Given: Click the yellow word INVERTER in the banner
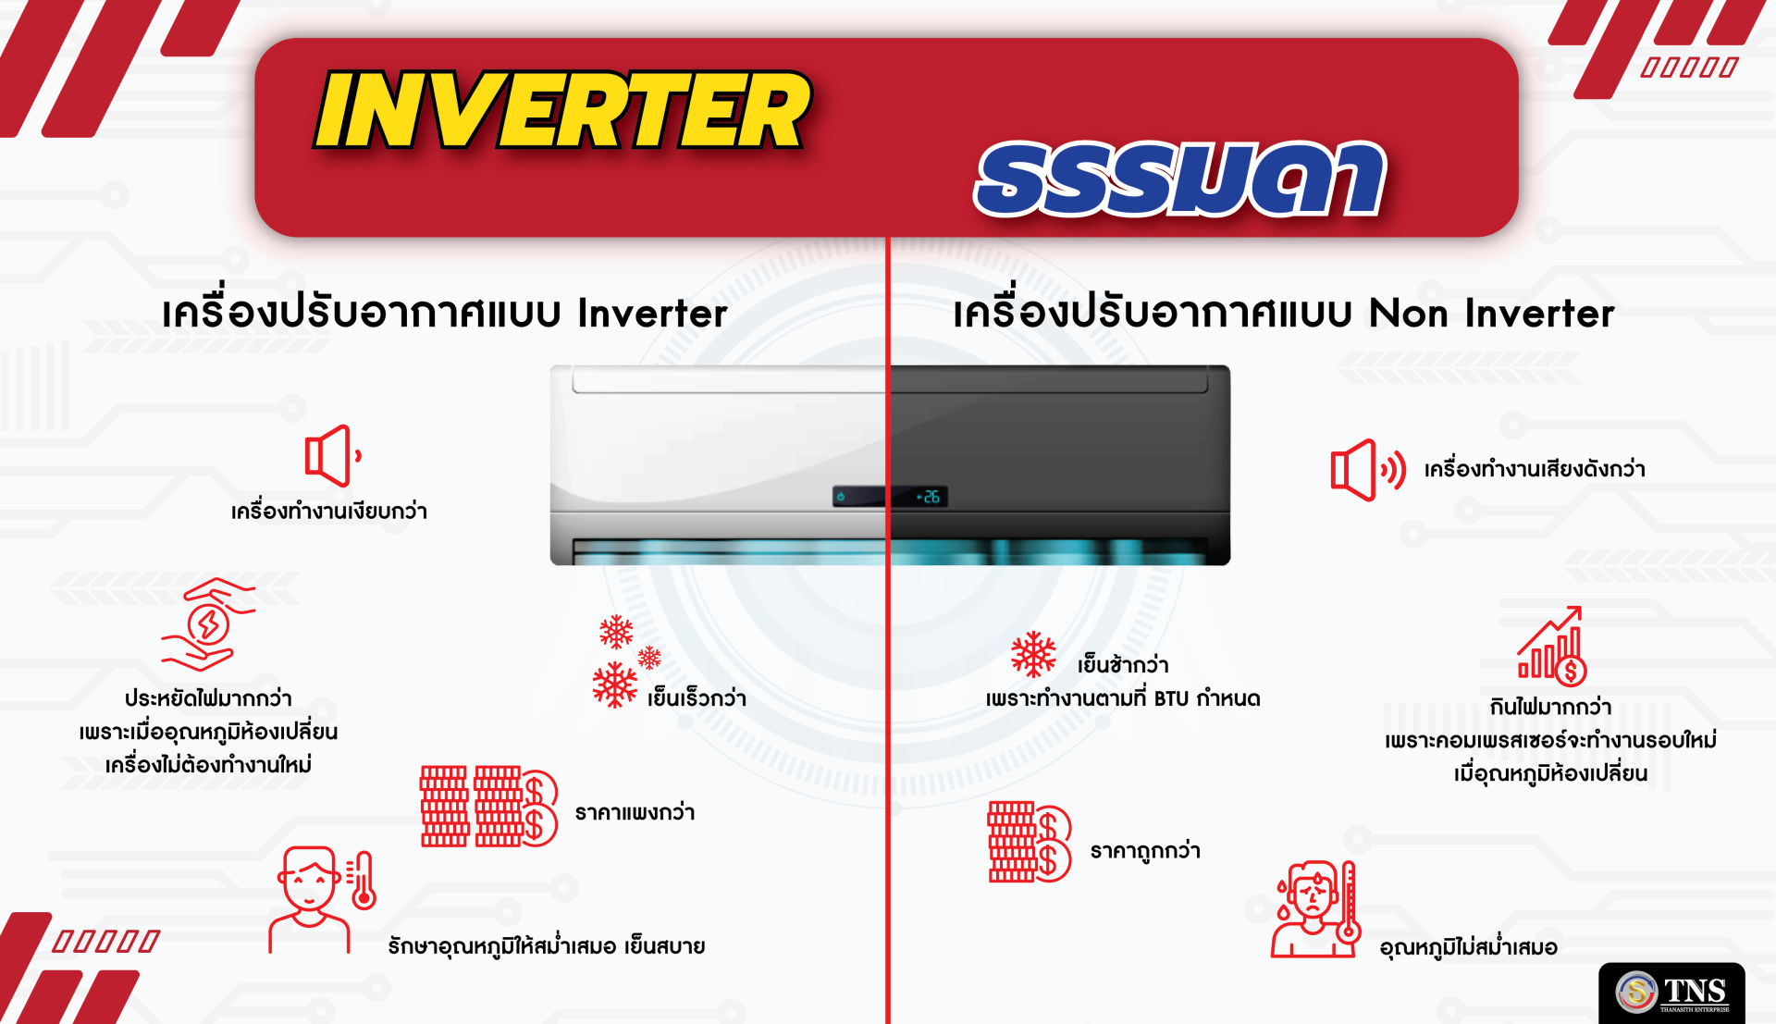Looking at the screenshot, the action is coord(562,110).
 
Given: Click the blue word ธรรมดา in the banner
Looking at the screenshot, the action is coord(1180,179).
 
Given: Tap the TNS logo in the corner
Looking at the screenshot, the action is coord(1671,993).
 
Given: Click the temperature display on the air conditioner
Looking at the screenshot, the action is coord(928,497).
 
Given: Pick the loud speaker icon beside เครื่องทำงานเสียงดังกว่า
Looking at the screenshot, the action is coord(1368,470).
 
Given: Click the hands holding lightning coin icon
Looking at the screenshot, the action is coord(208,624).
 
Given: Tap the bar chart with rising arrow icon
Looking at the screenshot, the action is coord(1552,646).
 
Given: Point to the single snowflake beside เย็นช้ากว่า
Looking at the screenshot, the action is coord(1033,655).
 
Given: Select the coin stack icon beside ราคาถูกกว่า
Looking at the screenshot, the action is coord(1030,842).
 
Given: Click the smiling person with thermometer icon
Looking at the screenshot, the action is coord(322,899).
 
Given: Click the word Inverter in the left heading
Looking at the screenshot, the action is coord(652,314).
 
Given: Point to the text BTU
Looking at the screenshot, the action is coord(1171,698).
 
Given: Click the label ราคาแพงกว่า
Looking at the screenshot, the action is coord(635,812).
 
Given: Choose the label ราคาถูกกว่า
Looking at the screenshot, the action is coord(1145,850).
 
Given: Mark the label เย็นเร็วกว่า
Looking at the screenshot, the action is coord(697,697).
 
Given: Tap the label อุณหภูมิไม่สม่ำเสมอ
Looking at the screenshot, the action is coord(1468,947).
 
